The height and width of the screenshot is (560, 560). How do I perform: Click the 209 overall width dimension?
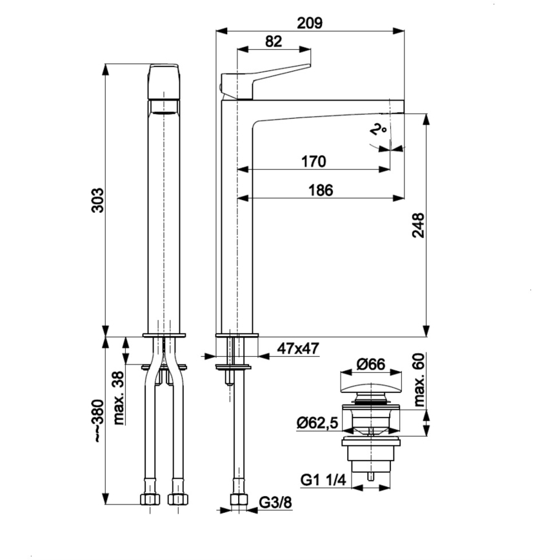point(310,23)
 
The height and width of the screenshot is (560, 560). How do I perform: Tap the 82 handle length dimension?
point(274,41)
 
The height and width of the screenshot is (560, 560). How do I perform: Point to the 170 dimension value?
point(314,161)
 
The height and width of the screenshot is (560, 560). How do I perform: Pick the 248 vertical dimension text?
point(418,226)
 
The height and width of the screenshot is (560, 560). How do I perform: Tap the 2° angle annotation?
point(379,130)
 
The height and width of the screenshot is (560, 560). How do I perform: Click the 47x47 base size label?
point(298,349)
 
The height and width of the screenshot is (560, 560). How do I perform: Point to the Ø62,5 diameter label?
point(318,423)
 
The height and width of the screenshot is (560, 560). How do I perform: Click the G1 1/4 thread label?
point(323,481)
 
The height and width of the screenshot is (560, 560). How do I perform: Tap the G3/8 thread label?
point(274,503)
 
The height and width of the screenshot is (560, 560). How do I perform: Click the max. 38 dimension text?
point(118,398)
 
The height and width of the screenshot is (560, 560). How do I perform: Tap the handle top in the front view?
point(163,81)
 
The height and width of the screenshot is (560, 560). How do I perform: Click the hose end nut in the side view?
point(239,500)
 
